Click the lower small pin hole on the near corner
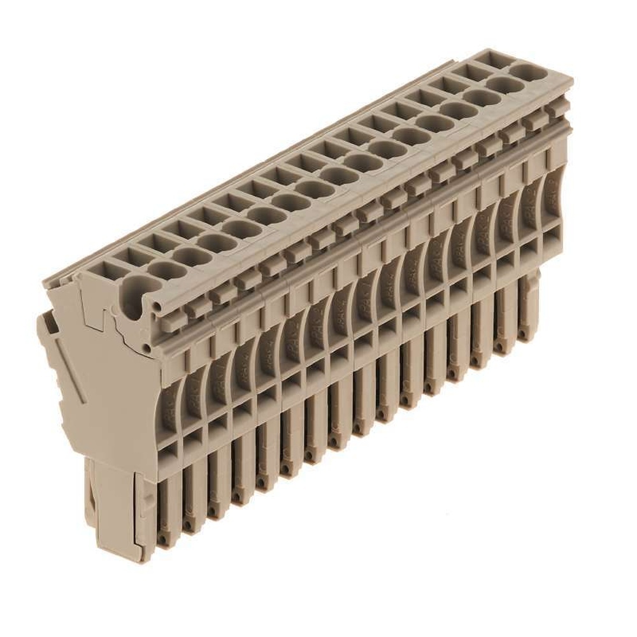[148, 347]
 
